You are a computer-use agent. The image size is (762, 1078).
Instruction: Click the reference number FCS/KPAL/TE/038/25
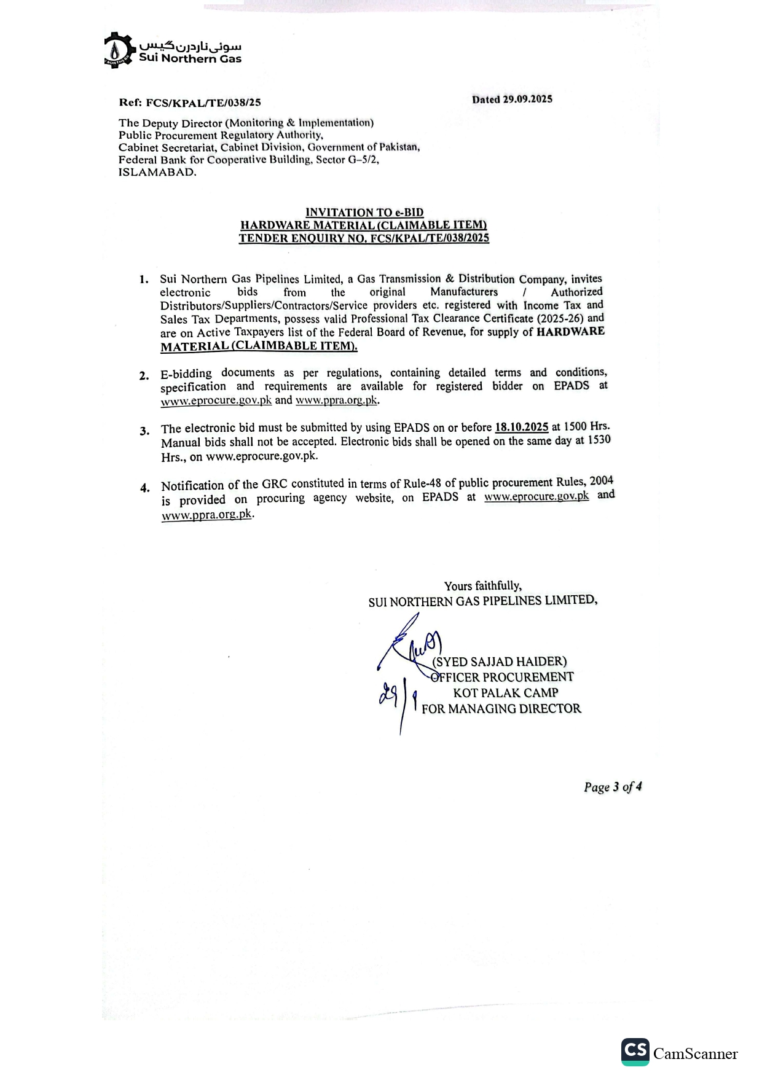click(203, 103)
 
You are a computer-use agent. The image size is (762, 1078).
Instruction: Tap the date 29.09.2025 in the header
click(527, 100)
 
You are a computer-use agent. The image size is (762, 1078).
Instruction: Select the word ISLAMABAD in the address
click(157, 173)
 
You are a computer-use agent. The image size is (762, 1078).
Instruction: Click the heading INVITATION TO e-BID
click(364, 213)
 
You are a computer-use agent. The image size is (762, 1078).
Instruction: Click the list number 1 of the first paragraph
click(144, 279)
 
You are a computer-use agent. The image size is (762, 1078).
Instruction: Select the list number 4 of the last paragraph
click(144, 488)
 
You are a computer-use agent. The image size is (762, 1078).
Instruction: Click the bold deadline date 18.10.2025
click(521, 427)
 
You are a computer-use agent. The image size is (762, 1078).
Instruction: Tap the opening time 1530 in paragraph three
click(599, 440)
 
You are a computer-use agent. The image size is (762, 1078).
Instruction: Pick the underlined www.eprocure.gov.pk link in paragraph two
click(216, 400)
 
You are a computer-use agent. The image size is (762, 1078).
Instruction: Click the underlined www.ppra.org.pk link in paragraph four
click(206, 515)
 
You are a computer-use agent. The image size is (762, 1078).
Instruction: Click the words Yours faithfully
click(482, 586)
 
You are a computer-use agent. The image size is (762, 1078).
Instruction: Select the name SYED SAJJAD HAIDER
click(499, 662)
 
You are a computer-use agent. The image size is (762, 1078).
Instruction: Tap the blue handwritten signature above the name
click(409, 645)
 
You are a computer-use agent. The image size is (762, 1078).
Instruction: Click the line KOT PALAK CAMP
click(505, 693)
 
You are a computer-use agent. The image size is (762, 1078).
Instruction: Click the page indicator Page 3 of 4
click(613, 787)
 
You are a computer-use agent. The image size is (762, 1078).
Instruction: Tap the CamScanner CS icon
click(635, 1052)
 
